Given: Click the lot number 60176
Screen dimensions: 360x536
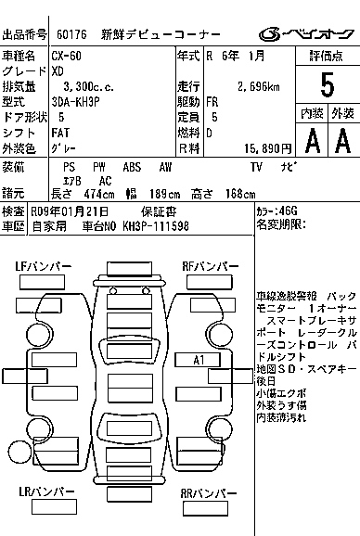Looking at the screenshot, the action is tap(72, 34).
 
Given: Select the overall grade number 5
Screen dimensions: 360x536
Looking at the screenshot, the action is tap(326, 85).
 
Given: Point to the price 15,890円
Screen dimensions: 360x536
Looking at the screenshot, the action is tap(264, 147).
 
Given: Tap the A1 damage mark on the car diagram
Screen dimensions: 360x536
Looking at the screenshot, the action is tap(198, 359).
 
